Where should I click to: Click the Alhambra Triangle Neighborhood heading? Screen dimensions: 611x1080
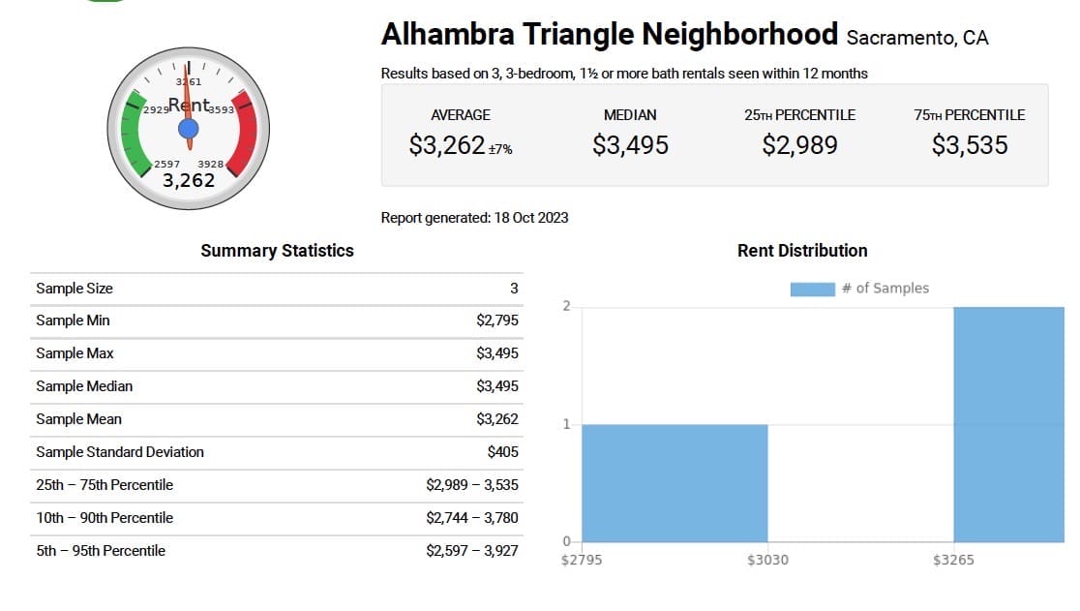pos(609,35)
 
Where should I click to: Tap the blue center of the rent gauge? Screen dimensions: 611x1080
pos(189,128)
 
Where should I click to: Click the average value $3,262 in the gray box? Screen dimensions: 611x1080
pos(447,145)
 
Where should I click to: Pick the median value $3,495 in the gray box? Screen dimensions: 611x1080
pos(630,145)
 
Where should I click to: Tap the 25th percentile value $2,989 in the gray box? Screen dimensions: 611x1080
pos(799,145)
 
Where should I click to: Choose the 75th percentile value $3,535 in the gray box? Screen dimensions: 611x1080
pos(970,145)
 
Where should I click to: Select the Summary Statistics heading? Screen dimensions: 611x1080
pos(277,251)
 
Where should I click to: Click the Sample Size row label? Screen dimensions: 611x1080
pos(75,289)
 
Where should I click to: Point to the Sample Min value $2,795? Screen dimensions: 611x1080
pos(497,321)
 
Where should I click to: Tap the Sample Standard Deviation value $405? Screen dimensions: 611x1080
pos(503,452)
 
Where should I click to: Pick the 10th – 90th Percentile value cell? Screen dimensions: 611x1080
pos(472,518)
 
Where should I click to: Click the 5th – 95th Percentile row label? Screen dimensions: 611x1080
pos(101,551)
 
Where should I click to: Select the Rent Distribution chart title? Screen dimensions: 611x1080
pos(802,251)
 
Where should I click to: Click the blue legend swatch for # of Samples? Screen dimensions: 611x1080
pos(812,289)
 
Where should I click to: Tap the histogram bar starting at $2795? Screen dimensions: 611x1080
pos(675,482)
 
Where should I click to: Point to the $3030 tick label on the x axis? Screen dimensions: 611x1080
pos(767,561)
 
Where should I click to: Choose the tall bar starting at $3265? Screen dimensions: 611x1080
pos(1008,424)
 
